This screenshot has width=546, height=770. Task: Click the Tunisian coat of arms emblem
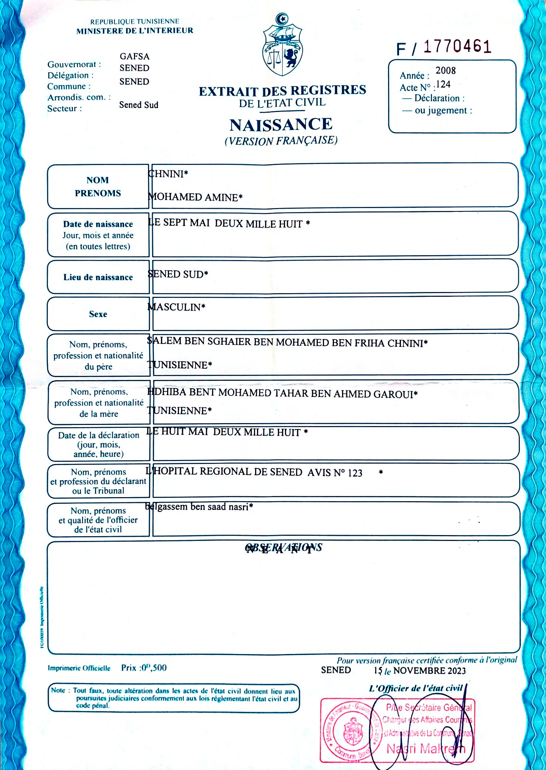coord(282,45)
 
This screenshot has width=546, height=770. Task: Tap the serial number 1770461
coord(457,47)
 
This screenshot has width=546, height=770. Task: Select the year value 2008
coord(445,70)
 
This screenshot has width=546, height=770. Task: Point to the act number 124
coord(443,85)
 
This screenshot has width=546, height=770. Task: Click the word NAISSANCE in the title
coord(281,125)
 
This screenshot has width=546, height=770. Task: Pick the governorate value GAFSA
coord(134,56)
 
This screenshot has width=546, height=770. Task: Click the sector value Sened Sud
coord(138,105)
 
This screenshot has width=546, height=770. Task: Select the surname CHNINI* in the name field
coord(168,174)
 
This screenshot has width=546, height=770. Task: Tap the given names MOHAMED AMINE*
coord(195,197)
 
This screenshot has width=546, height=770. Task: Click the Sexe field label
coord(98,314)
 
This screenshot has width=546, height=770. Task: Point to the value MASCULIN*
coord(176,307)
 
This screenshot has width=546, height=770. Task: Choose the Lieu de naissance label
coord(98,277)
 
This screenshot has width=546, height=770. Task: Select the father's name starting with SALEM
coord(287,342)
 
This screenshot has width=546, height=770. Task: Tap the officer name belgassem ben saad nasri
coord(199,507)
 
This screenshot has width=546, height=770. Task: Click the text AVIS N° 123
coord(335,472)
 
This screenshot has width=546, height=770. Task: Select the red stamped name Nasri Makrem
coord(426,748)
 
